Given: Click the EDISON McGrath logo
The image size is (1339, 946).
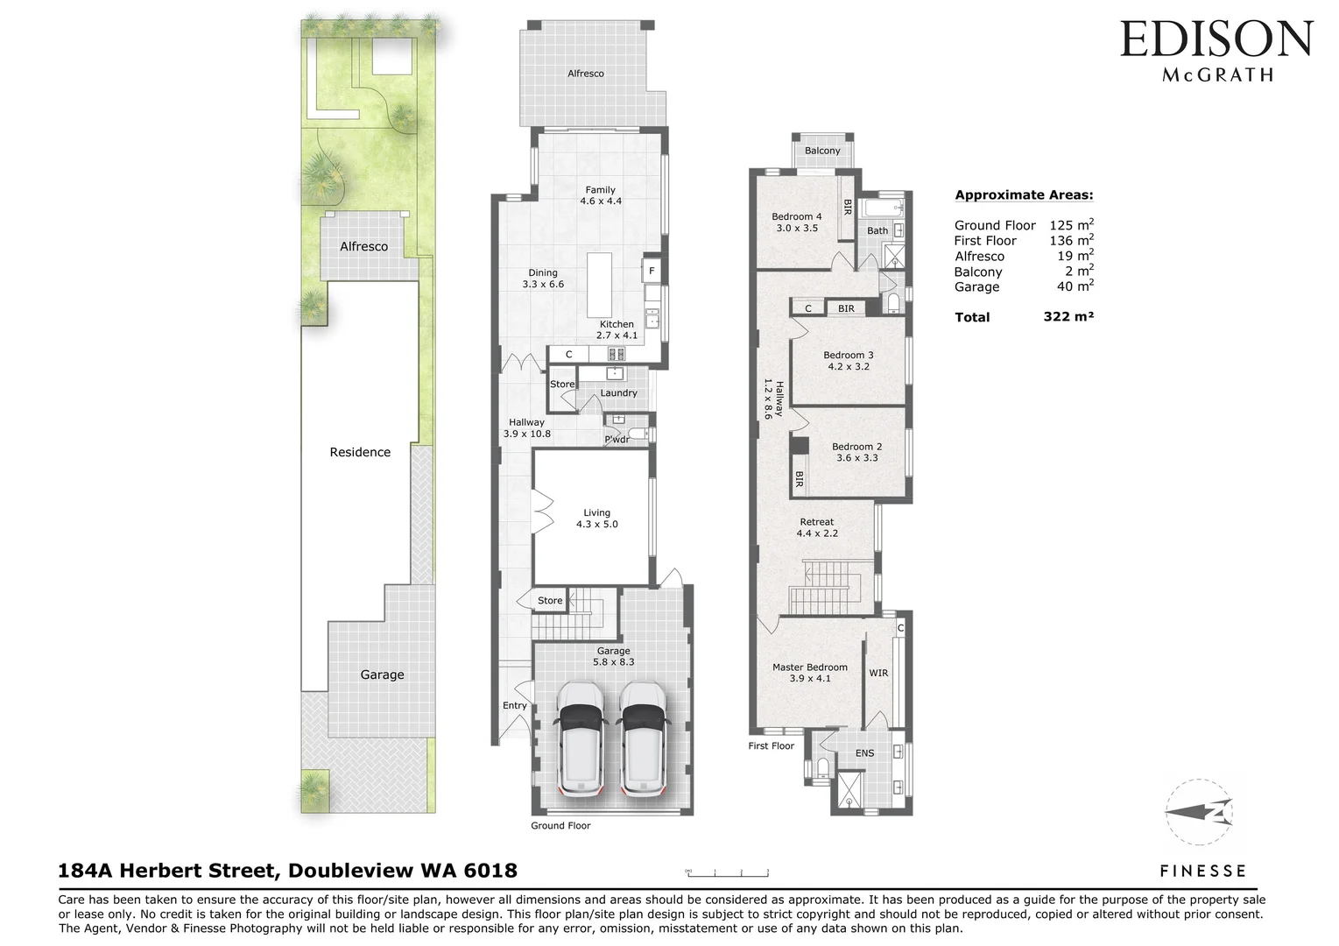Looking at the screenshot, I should click(x=1216, y=51).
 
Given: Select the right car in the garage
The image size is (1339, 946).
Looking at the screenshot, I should click(x=642, y=738).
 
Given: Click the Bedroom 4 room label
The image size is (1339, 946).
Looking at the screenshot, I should click(x=796, y=222).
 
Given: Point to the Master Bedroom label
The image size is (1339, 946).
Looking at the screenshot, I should click(x=809, y=673).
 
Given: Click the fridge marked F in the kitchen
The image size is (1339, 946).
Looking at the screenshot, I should click(x=652, y=271).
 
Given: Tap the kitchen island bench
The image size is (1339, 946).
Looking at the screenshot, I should click(x=600, y=286).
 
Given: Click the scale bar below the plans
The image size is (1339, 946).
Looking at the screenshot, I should click(x=727, y=872).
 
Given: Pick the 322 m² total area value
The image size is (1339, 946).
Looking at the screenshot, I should click(x=1068, y=317).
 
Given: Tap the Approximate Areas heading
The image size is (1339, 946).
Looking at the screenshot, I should click(x=1024, y=195).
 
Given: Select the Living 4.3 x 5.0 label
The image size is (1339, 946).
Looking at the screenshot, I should click(x=596, y=519).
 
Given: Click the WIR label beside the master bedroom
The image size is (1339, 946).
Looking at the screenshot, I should click(x=878, y=673).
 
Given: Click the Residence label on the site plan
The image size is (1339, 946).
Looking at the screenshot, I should click(x=360, y=452).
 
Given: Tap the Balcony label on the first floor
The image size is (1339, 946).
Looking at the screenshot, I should click(x=822, y=151).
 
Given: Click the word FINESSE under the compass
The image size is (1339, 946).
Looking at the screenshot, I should click(x=1202, y=871).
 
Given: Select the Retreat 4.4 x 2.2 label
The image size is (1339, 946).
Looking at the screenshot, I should click(x=817, y=527).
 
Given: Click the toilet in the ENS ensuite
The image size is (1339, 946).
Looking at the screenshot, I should click(x=821, y=767).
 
